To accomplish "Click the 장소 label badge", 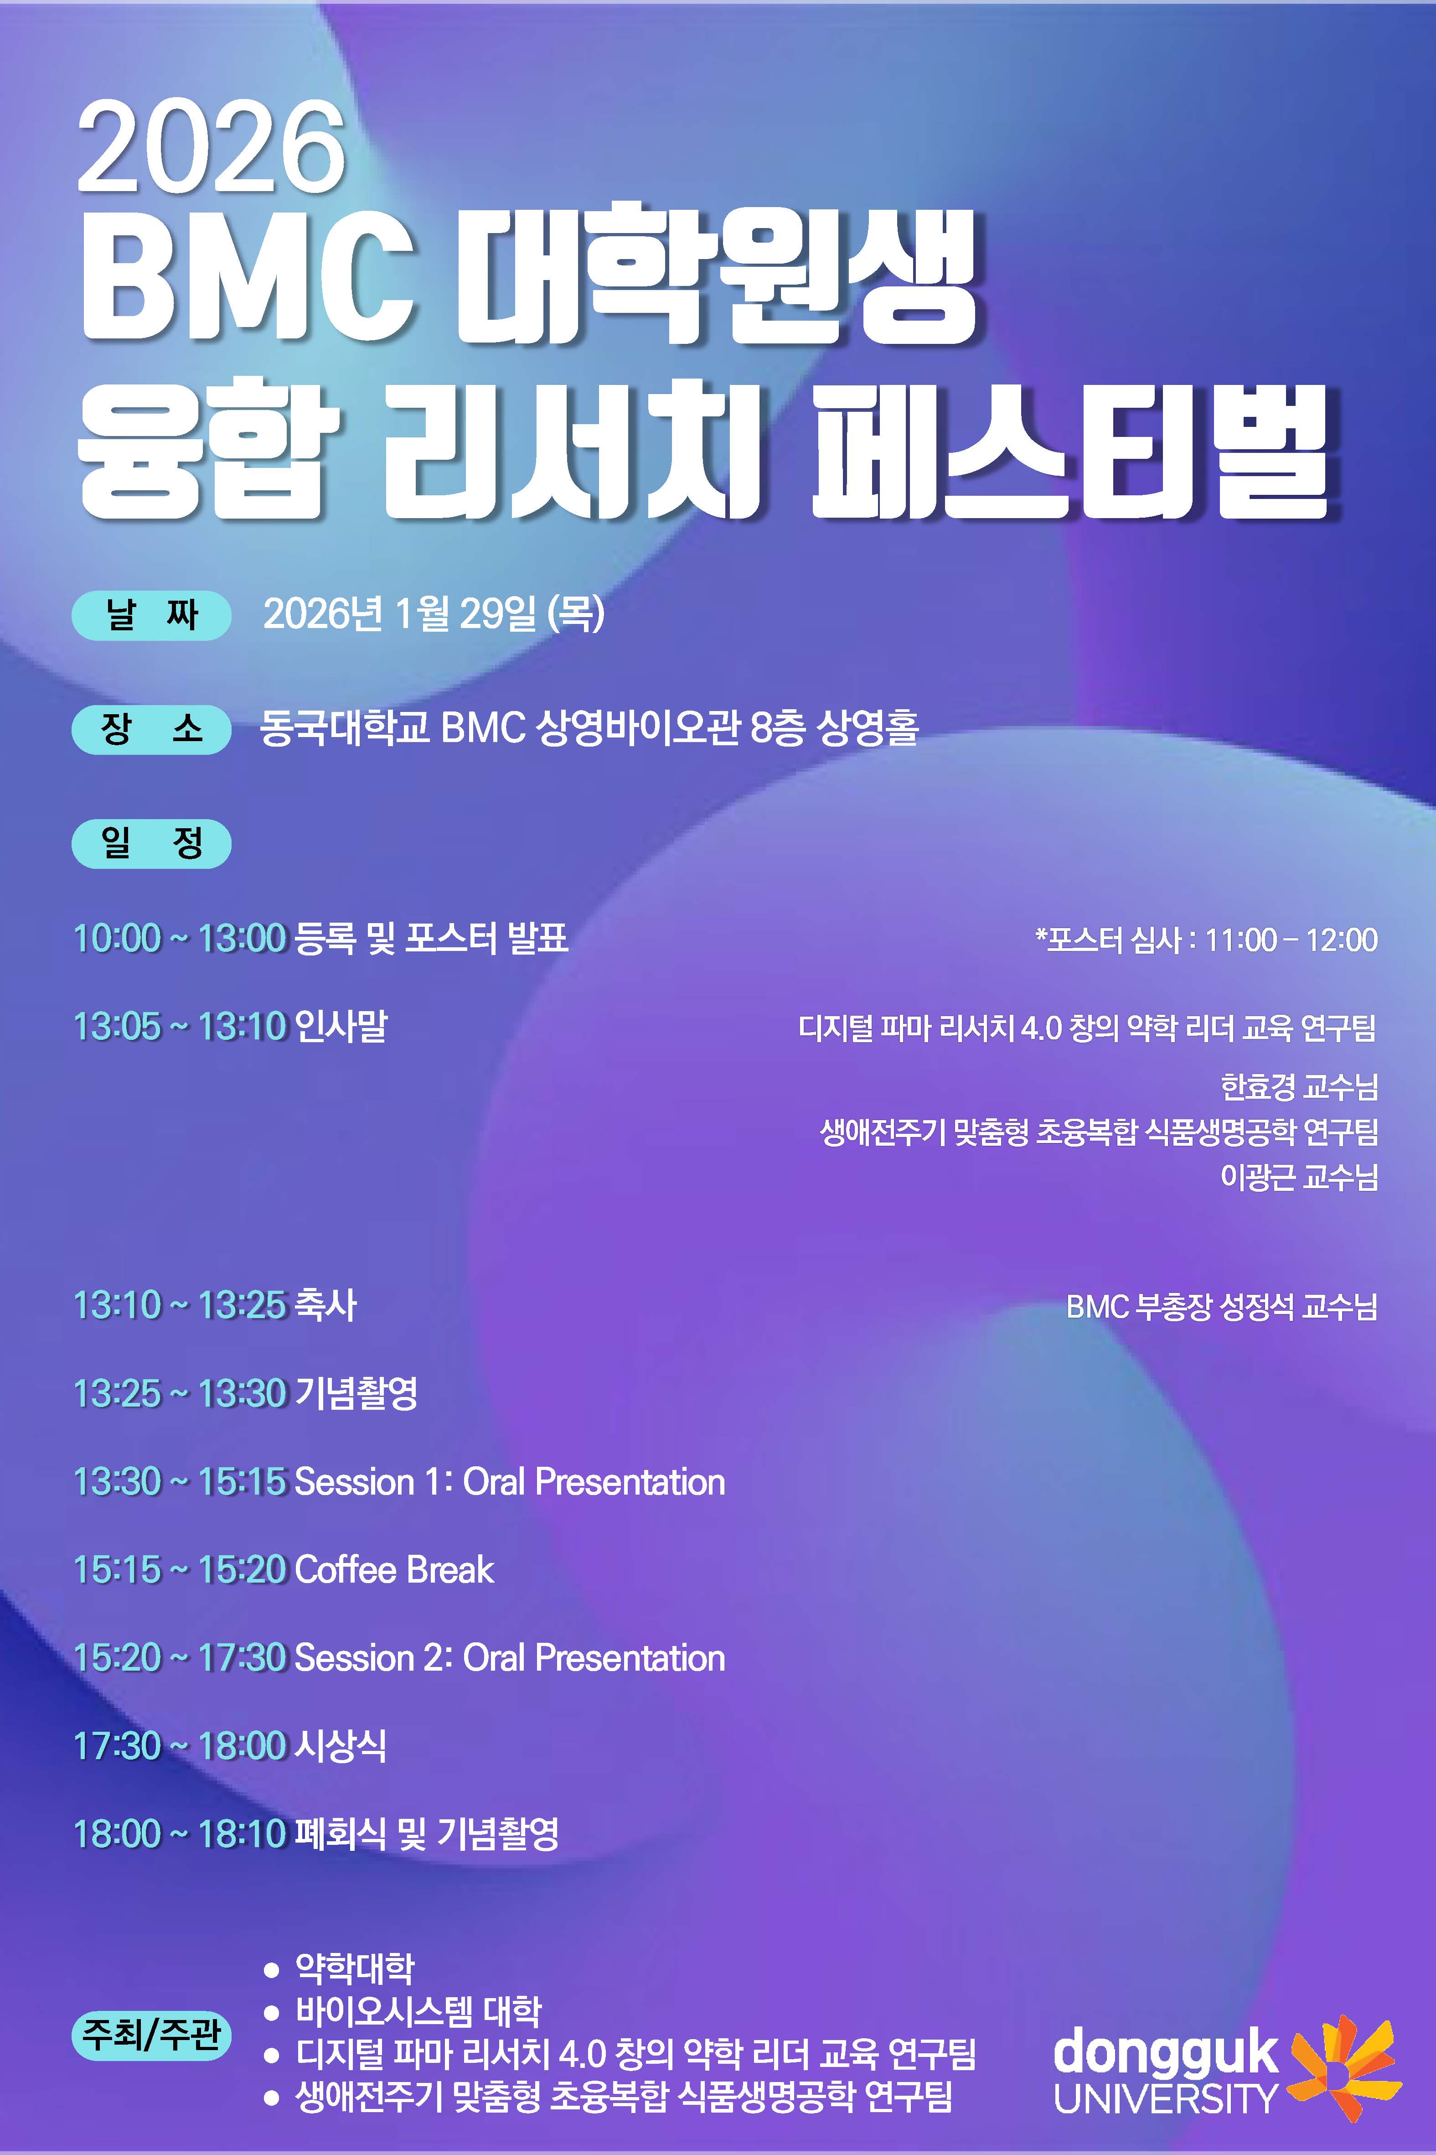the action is [x=151, y=729].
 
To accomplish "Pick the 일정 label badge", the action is [x=151, y=843].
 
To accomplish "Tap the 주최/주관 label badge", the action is [x=151, y=2035].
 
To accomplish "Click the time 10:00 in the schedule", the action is [x=117, y=938].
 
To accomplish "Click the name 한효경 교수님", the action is [x=1299, y=1087].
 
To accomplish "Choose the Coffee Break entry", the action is [x=395, y=1569].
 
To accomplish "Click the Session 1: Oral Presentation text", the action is [x=510, y=1481].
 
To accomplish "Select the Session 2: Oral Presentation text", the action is [x=510, y=1657].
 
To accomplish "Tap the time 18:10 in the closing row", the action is [x=243, y=1833].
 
